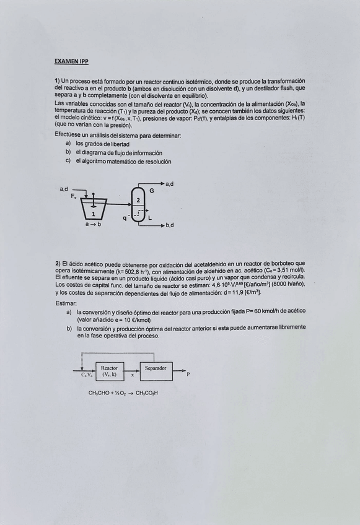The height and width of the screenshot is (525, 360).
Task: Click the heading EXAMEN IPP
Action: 71,61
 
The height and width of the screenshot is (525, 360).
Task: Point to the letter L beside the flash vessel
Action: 150,217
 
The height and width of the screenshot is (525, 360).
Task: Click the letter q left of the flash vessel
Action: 125,217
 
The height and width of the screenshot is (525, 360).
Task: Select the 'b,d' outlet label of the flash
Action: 169,225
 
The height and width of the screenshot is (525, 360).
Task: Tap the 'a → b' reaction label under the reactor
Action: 93,224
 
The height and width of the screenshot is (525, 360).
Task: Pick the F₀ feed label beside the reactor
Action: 74,196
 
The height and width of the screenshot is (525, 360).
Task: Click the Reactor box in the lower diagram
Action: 110,371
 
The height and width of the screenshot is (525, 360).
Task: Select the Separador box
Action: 156,371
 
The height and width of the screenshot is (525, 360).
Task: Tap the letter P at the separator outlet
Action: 188,375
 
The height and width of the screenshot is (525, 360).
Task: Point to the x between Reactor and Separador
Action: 132,375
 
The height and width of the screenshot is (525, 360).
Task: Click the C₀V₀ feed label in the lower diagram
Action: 87,375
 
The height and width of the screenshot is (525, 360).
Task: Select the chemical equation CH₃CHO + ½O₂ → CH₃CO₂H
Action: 123,393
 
